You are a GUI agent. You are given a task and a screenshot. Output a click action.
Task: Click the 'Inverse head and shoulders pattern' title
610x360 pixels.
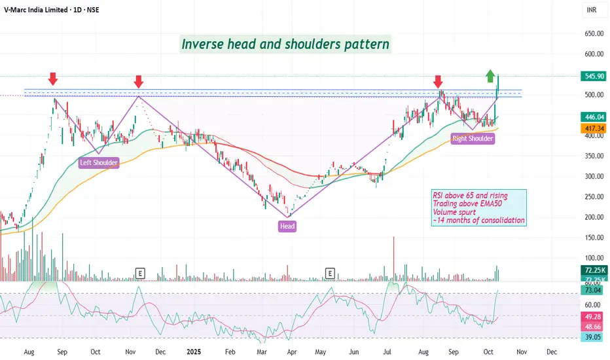coord(285,45)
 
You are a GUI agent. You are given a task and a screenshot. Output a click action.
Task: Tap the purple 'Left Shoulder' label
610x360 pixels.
coord(99,163)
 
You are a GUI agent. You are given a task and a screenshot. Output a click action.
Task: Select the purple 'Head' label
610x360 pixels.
coord(287,226)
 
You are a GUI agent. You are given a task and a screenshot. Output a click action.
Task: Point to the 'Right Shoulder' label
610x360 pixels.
coord(473,138)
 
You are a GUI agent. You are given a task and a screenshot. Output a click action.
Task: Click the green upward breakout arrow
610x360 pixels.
coord(490,76)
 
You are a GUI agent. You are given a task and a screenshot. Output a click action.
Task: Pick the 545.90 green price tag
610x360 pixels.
coord(593,76)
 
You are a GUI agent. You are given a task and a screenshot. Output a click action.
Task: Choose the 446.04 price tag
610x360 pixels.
coord(593,117)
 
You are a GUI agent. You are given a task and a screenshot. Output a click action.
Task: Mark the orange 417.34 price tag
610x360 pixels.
coord(593,129)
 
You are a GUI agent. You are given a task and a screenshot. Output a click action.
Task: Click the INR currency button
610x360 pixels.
coord(592,10)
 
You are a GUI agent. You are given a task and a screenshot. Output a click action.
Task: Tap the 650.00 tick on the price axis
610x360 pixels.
coord(593,34)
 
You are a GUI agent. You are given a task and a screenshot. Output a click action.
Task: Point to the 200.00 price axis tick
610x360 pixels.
coord(593,217)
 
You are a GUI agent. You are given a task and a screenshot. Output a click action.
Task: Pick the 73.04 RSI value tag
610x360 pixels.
coord(593,290)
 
